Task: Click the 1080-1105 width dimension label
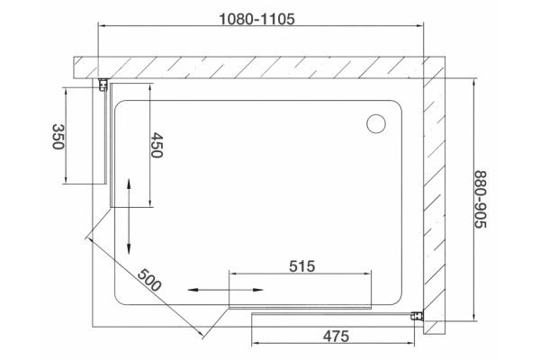[x=256, y=19]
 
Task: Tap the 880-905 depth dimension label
[x=481, y=199]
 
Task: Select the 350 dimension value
[x=58, y=137]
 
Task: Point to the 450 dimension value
[x=157, y=145]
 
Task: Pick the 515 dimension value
[x=302, y=266]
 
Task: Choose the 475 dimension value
[x=336, y=336]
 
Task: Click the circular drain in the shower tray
[x=376, y=123]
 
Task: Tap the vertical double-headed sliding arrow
[x=129, y=216]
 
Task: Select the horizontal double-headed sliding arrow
[x=225, y=290]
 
